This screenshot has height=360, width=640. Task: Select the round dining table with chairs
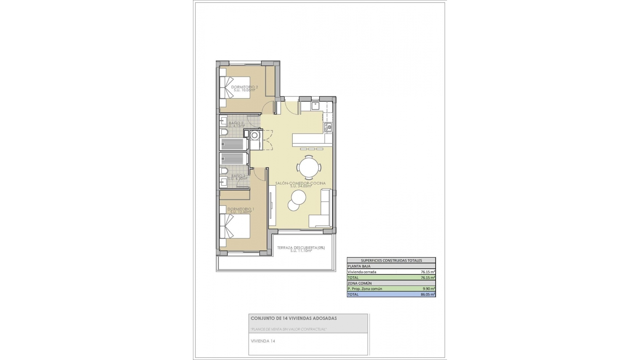(310, 167)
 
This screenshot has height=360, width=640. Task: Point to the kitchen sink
(315, 106)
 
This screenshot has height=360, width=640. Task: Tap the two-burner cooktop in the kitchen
(328, 127)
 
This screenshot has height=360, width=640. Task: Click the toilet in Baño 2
(224, 133)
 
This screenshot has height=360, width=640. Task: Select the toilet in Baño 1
(224, 171)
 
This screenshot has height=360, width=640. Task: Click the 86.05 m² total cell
(427, 295)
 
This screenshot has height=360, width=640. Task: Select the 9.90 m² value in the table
(428, 289)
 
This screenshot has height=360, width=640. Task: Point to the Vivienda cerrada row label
(362, 272)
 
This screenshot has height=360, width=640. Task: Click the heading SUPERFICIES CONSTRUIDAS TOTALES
(391, 261)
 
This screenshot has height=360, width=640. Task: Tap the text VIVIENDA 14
(263, 341)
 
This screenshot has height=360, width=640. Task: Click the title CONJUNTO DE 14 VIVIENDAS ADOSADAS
(294, 318)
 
